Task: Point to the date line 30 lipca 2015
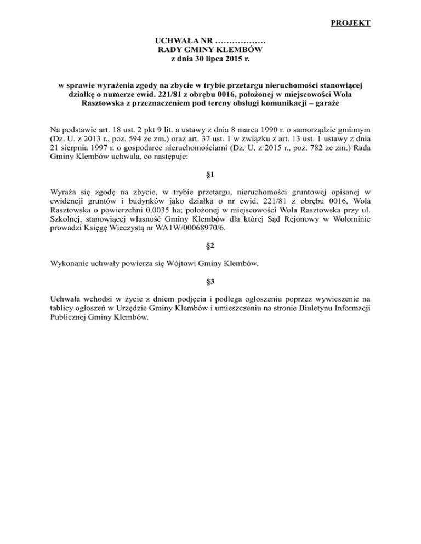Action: coord(210,58)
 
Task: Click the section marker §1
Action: coord(210,175)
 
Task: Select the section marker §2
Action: coord(210,246)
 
